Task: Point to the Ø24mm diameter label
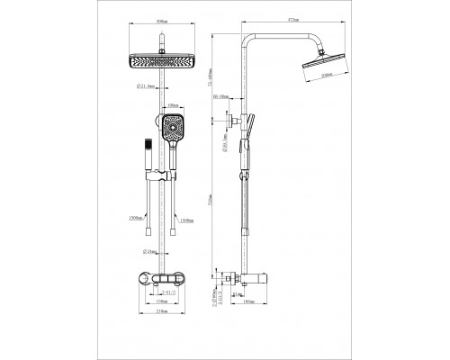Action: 152,253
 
